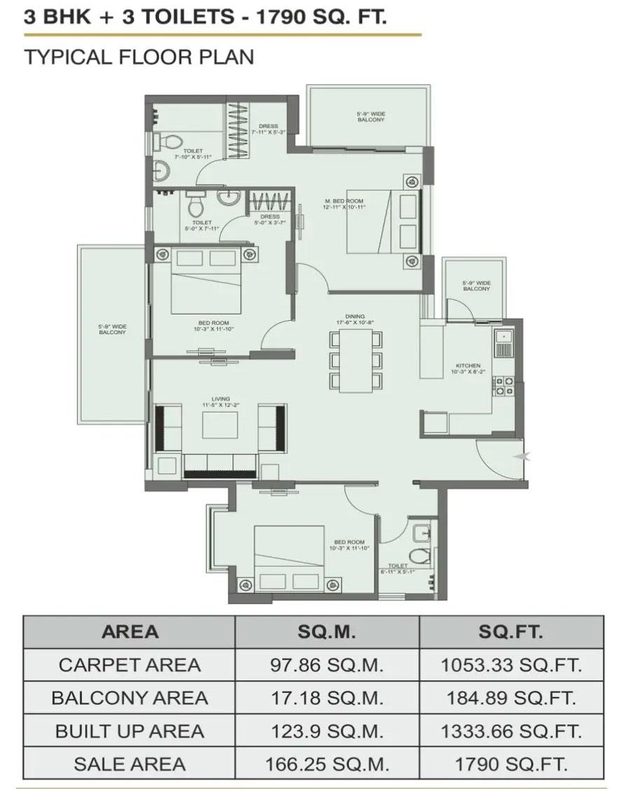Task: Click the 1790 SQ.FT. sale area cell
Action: [511, 764]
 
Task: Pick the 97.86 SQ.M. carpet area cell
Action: [327, 665]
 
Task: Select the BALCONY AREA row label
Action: [130, 698]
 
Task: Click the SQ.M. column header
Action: [327, 632]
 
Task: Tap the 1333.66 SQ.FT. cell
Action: [511, 731]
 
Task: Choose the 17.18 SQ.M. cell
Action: [327, 698]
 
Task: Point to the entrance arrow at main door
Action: [518, 457]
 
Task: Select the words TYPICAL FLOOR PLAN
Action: [139, 57]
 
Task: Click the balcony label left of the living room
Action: [112, 329]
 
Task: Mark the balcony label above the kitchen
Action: [476, 286]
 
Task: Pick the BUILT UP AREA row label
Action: [130, 731]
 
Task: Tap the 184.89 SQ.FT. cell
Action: [511, 698]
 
